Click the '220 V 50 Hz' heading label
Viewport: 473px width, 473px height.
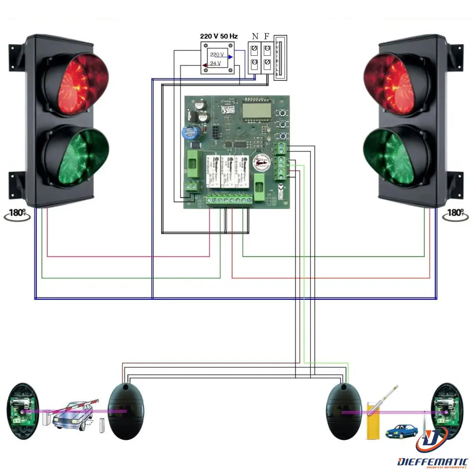click(x=219, y=36)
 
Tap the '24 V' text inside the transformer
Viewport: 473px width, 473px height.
click(x=215, y=63)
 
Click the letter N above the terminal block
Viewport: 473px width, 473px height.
click(x=255, y=36)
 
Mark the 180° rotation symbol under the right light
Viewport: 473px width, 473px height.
click(x=455, y=214)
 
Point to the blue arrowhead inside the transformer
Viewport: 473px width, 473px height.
click(x=230, y=57)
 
